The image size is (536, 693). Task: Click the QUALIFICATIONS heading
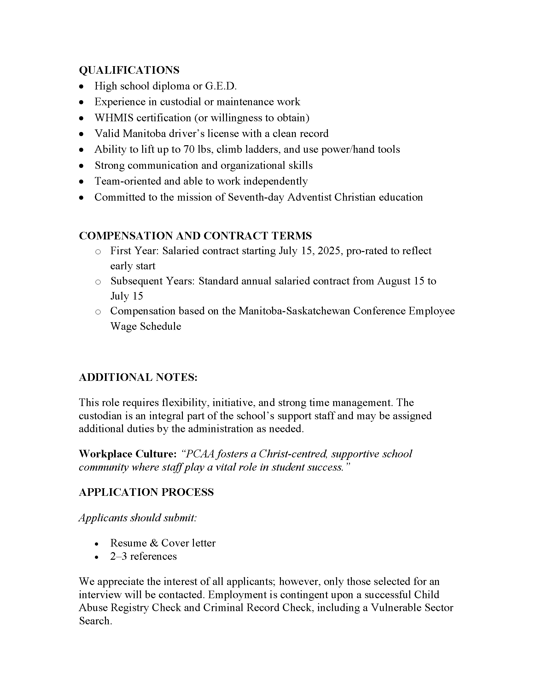click(x=129, y=70)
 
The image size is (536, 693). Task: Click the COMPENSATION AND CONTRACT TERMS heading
click(x=195, y=236)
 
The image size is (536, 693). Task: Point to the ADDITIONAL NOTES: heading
click(x=138, y=377)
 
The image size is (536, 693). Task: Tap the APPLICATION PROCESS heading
click(x=146, y=492)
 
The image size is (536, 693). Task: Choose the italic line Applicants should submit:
click(x=138, y=518)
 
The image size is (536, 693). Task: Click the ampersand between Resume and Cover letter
click(x=154, y=543)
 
